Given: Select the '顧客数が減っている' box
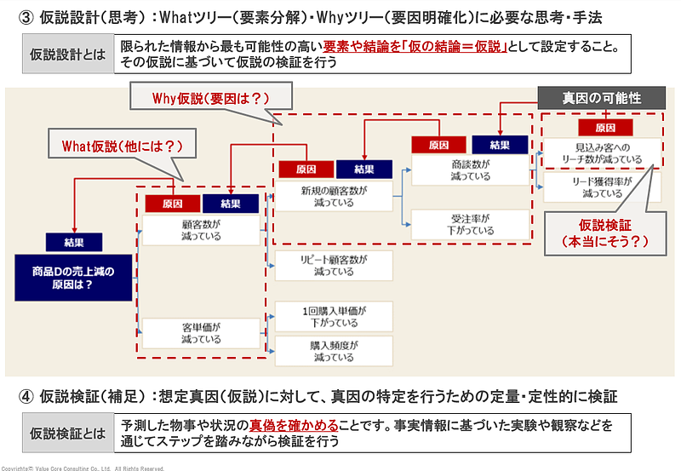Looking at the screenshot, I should [x=201, y=230].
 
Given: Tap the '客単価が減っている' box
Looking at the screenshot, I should [x=201, y=332].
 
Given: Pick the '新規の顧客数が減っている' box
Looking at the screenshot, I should [x=334, y=198].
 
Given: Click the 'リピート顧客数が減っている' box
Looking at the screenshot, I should [x=334, y=266].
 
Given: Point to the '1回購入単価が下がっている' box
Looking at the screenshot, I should [x=334, y=317].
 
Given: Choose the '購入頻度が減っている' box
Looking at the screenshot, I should [x=334, y=351].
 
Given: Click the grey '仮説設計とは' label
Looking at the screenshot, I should [x=68, y=55].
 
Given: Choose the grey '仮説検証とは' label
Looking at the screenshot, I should [x=68, y=433].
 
